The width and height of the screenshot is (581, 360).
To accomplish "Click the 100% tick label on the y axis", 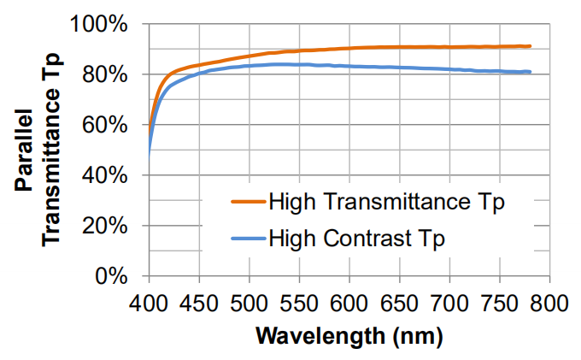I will pyautogui.click(x=103, y=24).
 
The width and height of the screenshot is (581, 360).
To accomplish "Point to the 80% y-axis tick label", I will pyautogui.click(x=109, y=74).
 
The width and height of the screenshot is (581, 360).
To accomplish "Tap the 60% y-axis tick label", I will pyautogui.click(x=109, y=125).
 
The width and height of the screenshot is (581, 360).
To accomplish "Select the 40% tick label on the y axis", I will pyautogui.click(x=109, y=175).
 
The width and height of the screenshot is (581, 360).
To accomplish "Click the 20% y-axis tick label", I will pyautogui.click(x=109, y=226).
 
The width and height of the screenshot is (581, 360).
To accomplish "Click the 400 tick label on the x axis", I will pyautogui.click(x=149, y=301).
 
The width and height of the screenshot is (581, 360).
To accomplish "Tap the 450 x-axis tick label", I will pyautogui.click(x=199, y=301).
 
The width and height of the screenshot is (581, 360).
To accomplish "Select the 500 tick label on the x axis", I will pyautogui.click(x=249, y=301).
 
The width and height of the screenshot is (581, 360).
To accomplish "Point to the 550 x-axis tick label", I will pyautogui.click(x=299, y=301).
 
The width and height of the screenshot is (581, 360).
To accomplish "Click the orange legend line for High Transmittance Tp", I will pyautogui.click(x=246, y=204).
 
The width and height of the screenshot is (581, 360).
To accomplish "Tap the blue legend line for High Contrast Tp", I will pyautogui.click(x=246, y=238).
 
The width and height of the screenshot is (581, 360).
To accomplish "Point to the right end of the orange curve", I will pyautogui.click(x=530, y=46).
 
